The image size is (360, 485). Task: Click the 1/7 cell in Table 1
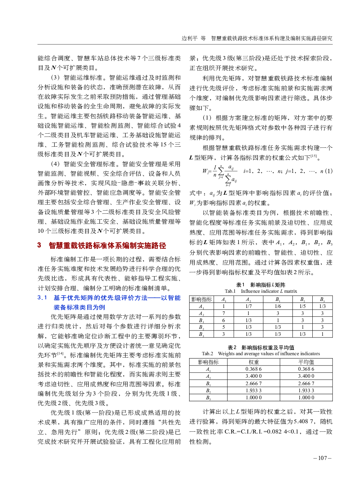tap(248, 306)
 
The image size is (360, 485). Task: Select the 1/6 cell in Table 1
tap(278, 306)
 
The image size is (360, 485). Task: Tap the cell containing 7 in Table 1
tap(223, 313)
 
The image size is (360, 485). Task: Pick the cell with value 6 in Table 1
tap(223, 320)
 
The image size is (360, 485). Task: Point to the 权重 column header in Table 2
tap(253, 362)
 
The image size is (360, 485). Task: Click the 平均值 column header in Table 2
tap(306, 362)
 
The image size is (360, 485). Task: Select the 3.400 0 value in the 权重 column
tap(253, 376)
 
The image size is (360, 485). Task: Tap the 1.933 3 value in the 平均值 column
tap(306, 390)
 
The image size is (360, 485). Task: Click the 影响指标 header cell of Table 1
tap(202, 299)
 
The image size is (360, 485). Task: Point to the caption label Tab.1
tap(230, 291)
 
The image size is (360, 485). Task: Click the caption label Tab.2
tap(208, 353)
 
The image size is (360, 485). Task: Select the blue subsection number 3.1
tap(42, 298)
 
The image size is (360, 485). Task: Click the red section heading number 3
tap(39, 245)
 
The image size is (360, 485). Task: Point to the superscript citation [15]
tap(314, 156)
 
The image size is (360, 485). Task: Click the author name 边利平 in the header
tap(189, 38)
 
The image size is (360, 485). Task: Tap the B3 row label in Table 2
tap(208, 398)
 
